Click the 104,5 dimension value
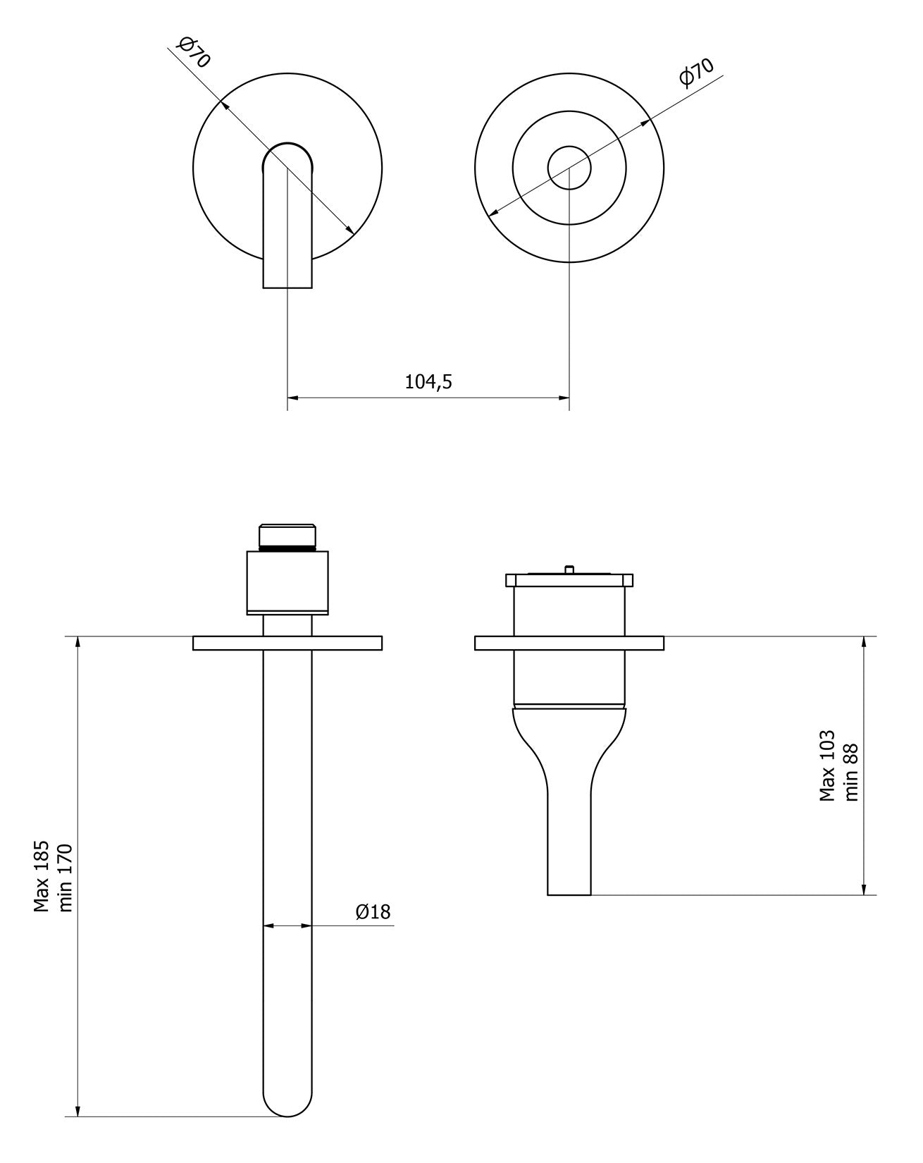click(428, 382)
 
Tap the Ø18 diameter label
click(373, 911)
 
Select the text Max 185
click(42, 876)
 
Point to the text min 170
click(65, 877)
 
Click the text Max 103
click(827, 765)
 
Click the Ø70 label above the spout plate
click(192, 54)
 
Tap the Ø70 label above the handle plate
click(696, 72)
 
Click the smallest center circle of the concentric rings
click(569, 168)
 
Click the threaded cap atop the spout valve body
click(287, 536)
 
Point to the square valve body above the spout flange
click(287, 582)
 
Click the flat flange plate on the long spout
click(287, 643)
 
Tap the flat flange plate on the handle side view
click(569, 643)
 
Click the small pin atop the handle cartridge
click(569, 568)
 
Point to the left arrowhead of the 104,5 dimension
click(292, 398)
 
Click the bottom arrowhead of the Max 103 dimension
click(865, 890)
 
